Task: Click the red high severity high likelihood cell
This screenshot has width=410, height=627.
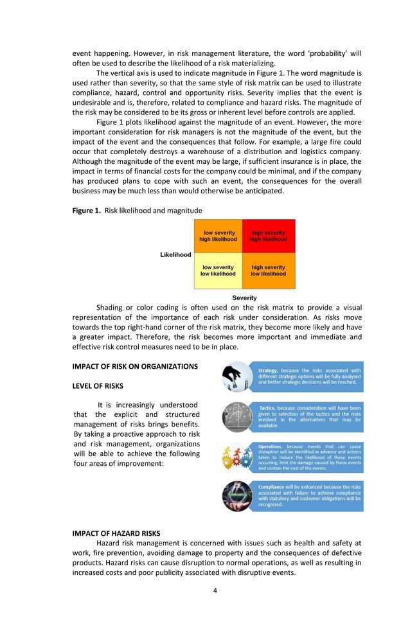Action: tap(269, 236)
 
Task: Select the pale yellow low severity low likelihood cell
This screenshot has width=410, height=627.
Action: tap(218, 270)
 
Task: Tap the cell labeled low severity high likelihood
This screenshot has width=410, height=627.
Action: tap(218, 236)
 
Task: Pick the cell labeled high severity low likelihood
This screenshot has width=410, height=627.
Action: tap(269, 270)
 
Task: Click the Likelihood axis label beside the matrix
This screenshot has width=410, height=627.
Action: tap(175, 254)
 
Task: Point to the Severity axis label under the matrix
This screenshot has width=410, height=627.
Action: tap(244, 297)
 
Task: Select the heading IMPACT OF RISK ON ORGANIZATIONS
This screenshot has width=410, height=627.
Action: tap(135, 367)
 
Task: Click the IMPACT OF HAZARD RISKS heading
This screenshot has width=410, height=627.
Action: tap(116, 533)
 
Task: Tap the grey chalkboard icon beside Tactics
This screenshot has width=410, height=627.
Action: tap(236, 417)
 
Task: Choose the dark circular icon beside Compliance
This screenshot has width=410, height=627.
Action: tap(236, 496)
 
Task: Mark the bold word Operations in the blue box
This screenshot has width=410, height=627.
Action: tap(271, 446)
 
